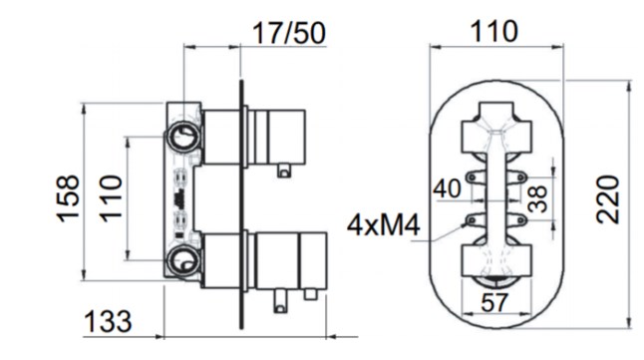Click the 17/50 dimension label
(x=289, y=33)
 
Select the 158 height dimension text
(x=68, y=198)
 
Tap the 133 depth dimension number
(x=108, y=321)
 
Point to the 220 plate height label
(x=608, y=199)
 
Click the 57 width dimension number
(x=494, y=303)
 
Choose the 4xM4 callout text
(x=384, y=225)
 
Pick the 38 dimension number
(x=537, y=198)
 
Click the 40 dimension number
(x=448, y=188)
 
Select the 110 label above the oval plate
(x=493, y=31)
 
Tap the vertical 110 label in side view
(x=112, y=198)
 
